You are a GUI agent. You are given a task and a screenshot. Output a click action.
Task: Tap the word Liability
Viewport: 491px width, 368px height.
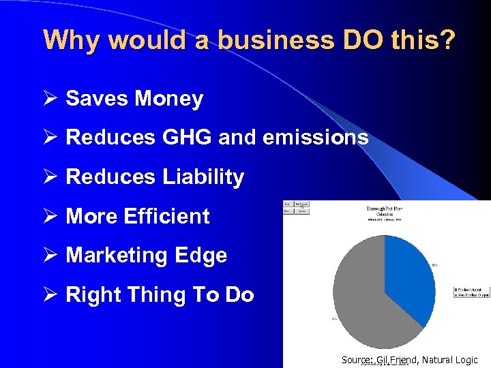[203, 177]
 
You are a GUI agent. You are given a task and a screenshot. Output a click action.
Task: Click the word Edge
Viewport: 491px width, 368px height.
[200, 256]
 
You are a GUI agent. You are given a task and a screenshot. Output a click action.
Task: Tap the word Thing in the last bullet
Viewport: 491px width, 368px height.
[153, 295]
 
